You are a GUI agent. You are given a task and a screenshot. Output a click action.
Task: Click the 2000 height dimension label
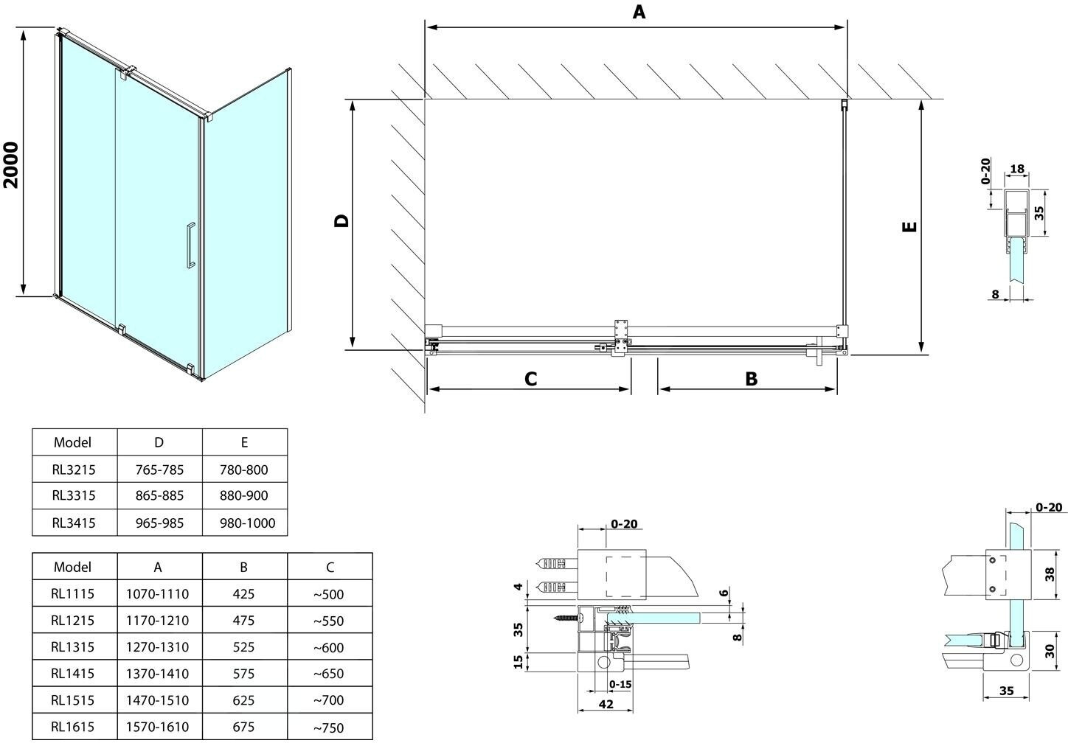click(10, 164)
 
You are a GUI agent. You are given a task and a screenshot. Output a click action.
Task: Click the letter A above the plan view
click(639, 12)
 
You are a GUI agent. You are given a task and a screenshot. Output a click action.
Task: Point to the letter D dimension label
click(341, 220)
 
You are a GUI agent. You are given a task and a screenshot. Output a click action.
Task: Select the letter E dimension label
click(910, 226)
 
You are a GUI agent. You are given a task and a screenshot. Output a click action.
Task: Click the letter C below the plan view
click(530, 379)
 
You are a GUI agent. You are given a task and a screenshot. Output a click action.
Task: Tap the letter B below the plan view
click(751, 379)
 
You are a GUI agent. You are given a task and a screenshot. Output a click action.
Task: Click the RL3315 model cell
click(74, 495)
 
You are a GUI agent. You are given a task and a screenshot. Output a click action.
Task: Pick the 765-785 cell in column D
click(159, 470)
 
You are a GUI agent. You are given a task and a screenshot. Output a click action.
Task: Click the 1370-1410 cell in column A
click(158, 673)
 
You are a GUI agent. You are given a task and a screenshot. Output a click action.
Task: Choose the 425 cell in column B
click(243, 593)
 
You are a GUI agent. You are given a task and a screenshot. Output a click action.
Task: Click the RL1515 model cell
click(74, 700)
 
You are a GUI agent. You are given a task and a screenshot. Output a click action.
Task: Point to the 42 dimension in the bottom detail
click(605, 705)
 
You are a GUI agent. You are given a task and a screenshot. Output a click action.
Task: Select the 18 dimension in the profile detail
click(1017, 170)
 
